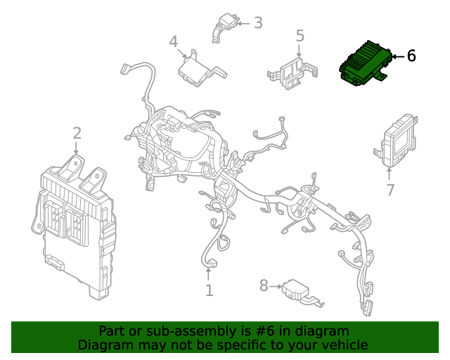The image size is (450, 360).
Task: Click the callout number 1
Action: (x=209, y=290)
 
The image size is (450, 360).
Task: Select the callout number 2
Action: (x=77, y=133)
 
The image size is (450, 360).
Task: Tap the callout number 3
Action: (x=258, y=23)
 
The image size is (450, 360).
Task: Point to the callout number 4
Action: (x=174, y=42)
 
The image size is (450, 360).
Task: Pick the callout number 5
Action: (x=300, y=35)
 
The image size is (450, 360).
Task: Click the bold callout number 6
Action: (x=411, y=56)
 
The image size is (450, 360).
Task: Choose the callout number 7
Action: (x=390, y=190)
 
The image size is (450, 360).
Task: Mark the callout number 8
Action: (x=264, y=285)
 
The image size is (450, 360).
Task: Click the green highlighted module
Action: (x=364, y=64)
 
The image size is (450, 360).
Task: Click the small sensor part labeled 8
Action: (x=299, y=292)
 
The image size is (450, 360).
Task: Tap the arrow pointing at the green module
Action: (x=397, y=56)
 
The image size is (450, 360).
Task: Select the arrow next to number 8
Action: (x=276, y=285)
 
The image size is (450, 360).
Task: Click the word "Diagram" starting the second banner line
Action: (x=104, y=345)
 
